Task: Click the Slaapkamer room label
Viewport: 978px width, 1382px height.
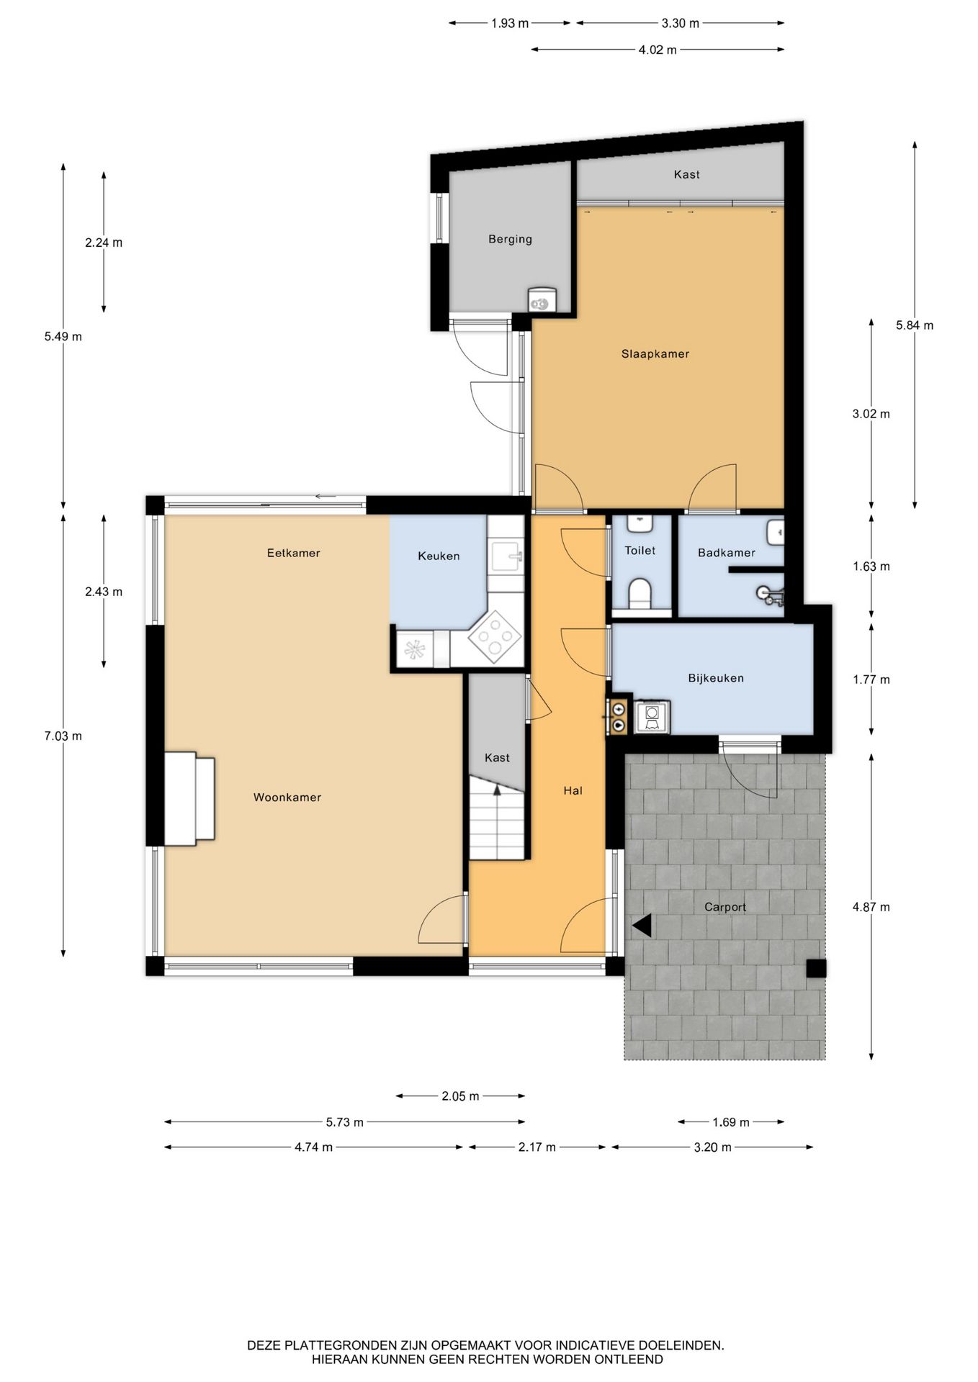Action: point(655,354)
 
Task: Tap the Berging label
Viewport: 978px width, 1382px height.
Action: point(510,239)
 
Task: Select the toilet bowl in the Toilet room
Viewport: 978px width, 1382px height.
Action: point(640,594)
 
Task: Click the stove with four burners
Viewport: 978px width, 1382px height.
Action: point(495,636)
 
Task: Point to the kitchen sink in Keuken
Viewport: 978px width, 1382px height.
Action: point(506,556)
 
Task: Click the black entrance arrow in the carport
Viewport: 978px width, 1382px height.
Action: point(642,926)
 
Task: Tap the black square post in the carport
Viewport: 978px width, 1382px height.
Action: point(815,969)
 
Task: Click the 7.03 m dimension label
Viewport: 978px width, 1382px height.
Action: point(63,736)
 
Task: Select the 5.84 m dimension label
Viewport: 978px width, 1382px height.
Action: point(915,325)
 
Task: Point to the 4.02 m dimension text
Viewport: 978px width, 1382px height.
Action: point(658,50)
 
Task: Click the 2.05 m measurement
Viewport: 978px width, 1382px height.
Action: point(460,1096)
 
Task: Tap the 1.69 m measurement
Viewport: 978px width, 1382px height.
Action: point(731,1122)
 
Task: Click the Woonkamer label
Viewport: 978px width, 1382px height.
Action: point(287,798)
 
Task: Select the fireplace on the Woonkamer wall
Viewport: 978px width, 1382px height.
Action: point(189,799)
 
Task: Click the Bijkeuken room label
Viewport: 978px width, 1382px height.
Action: point(716,678)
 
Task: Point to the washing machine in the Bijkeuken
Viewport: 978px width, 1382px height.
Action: point(652,716)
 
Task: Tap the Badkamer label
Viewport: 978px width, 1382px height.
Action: point(727,553)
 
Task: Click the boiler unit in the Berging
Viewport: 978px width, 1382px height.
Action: point(542,299)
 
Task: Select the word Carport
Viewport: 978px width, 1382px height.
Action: point(725,907)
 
